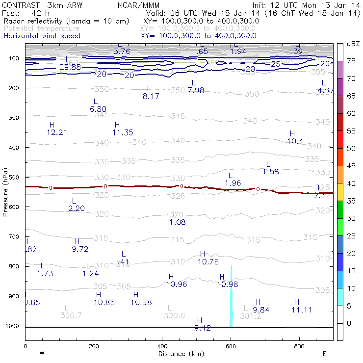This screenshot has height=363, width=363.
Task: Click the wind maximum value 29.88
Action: point(70,67)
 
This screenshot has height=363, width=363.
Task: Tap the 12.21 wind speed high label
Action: point(57,132)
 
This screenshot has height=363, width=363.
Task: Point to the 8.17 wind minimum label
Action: point(151,97)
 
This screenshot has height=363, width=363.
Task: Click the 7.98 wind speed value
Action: point(196,91)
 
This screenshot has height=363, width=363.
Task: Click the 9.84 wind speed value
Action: point(261,310)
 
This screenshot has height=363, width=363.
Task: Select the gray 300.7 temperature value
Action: point(71,315)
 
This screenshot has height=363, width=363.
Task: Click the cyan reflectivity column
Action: point(231,299)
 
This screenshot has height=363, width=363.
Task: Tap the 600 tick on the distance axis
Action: point(231,346)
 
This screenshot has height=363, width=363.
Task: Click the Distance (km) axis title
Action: point(179,354)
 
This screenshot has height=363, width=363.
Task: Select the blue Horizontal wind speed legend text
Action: point(42,36)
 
